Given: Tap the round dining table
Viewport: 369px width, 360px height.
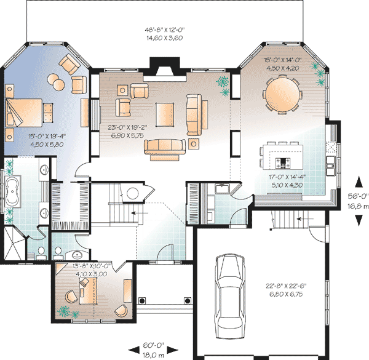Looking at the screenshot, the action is (x=282, y=94).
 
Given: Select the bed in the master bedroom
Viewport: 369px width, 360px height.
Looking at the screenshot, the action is (x=24, y=113).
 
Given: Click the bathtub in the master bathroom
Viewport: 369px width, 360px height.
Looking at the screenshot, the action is (x=12, y=191).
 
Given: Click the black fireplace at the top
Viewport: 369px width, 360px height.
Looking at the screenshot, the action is (x=165, y=66).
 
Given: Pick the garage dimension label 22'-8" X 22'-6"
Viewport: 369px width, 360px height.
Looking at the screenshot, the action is (x=286, y=286).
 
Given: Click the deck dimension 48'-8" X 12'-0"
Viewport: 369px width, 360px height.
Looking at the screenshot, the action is (x=165, y=30).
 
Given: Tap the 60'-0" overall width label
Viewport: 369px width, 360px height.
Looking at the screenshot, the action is (x=153, y=345).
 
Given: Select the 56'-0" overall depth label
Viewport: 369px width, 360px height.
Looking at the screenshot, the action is (x=358, y=196).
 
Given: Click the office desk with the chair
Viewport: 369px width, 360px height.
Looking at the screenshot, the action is (x=88, y=291).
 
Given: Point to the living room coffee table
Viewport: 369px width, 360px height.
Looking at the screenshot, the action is (x=165, y=114).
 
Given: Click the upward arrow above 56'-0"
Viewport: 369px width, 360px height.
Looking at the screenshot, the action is (x=359, y=182).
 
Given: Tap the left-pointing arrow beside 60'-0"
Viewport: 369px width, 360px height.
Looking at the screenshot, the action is (x=133, y=350).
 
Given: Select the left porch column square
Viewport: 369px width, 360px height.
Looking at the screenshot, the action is (x=142, y=301).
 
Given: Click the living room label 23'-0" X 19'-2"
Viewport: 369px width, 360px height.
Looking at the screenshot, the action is (x=127, y=127).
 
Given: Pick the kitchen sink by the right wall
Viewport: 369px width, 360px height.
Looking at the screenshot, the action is (x=331, y=166).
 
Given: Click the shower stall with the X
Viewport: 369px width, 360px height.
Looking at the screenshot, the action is (x=15, y=243).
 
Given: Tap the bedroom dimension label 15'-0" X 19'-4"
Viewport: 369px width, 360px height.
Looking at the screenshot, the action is (x=47, y=136).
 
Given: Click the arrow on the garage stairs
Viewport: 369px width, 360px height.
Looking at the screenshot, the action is (x=305, y=218).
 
